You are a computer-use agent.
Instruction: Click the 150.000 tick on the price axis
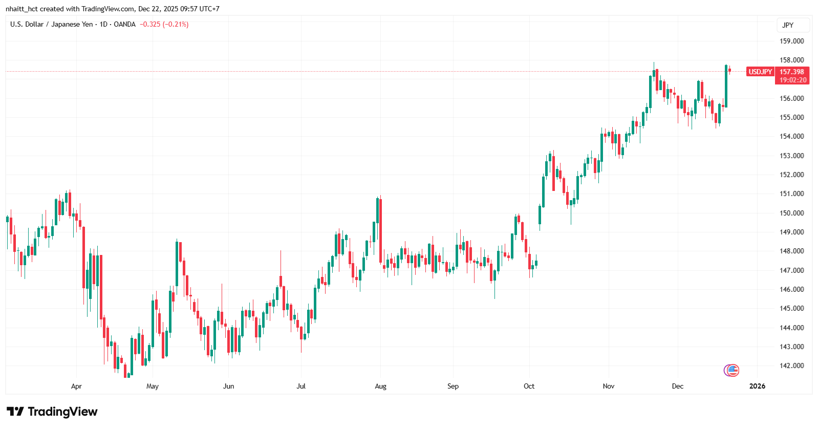tap(791, 213)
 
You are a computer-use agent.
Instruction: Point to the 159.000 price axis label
tap(791, 41)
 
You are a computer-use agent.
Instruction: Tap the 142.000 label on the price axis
tap(791, 366)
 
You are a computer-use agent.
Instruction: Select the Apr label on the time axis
tap(76, 386)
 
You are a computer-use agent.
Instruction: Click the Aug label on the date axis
tap(380, 386)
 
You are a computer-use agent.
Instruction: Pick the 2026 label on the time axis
tap(757, 386)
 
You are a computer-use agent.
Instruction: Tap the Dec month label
tap(677, 386)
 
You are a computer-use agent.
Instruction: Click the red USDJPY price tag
tap(760, 72)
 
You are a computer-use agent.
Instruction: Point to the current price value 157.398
tap(792, 72)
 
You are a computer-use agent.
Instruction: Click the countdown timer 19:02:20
tap(793, 80)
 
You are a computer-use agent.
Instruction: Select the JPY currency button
tap(788, 25)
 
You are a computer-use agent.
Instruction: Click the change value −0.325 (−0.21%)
tap(164, 24)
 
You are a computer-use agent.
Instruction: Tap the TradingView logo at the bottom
tap(52, 412)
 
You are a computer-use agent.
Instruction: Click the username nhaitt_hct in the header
tap(21, 9)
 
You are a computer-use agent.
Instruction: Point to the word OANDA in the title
tap(124, 24)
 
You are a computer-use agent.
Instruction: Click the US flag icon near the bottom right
tap(733, 370)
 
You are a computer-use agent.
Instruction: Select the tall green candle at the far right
tap(726, 86)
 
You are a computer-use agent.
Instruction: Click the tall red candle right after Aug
tap(380, 230)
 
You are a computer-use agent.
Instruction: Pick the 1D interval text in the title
tap(103, 24)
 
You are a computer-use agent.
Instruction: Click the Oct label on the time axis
tap(529, 386)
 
